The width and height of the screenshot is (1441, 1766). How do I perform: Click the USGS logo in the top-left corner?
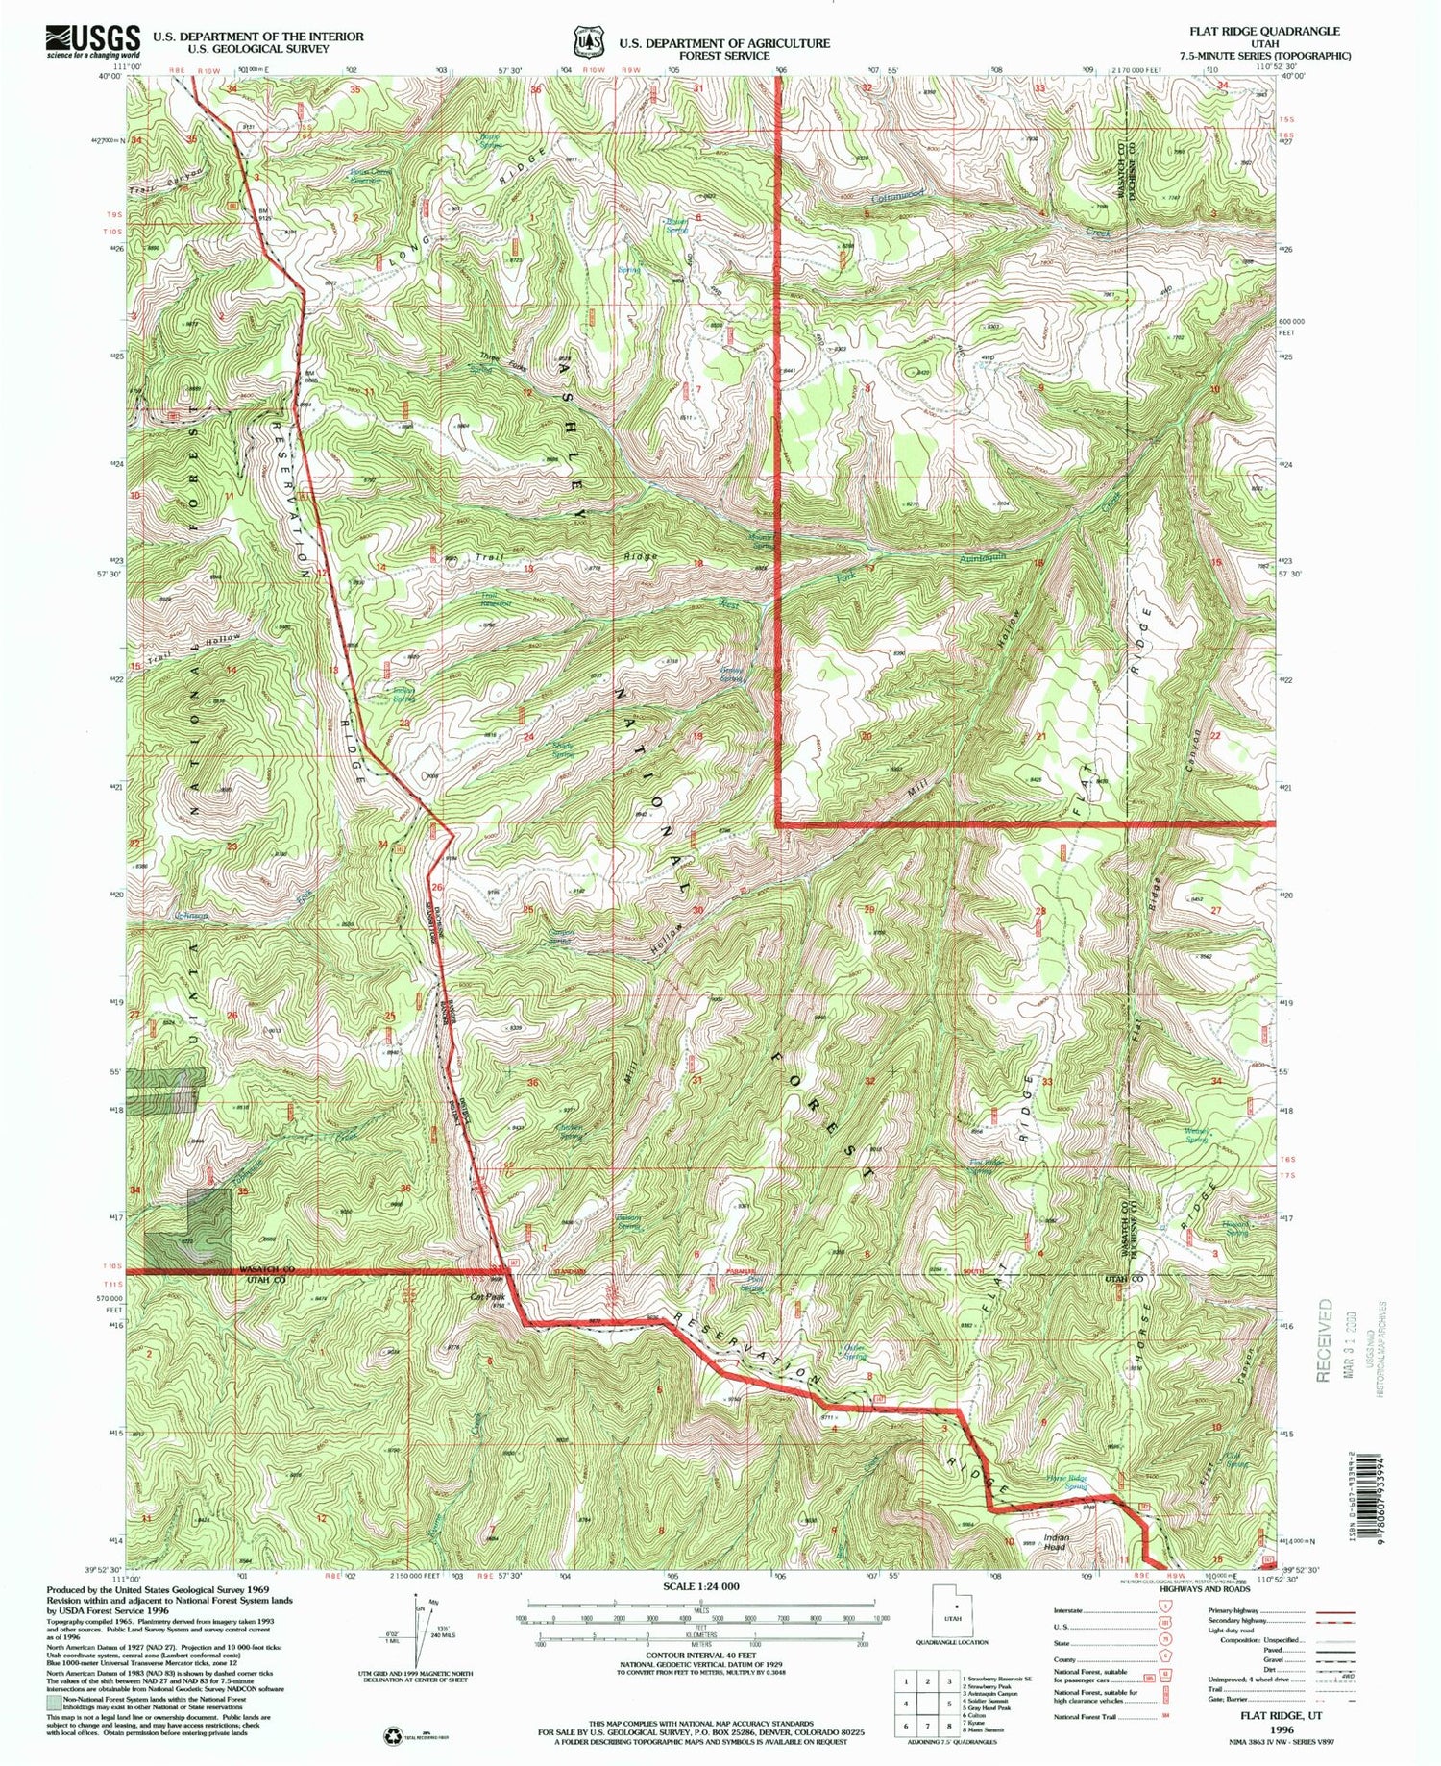coord(92,41)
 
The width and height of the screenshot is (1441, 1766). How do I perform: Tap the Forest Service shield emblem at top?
coord(585,43)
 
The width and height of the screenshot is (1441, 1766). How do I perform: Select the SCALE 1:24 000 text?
coord(700,1586)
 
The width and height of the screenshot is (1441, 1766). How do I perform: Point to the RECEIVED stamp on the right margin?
coord(1326,1339)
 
